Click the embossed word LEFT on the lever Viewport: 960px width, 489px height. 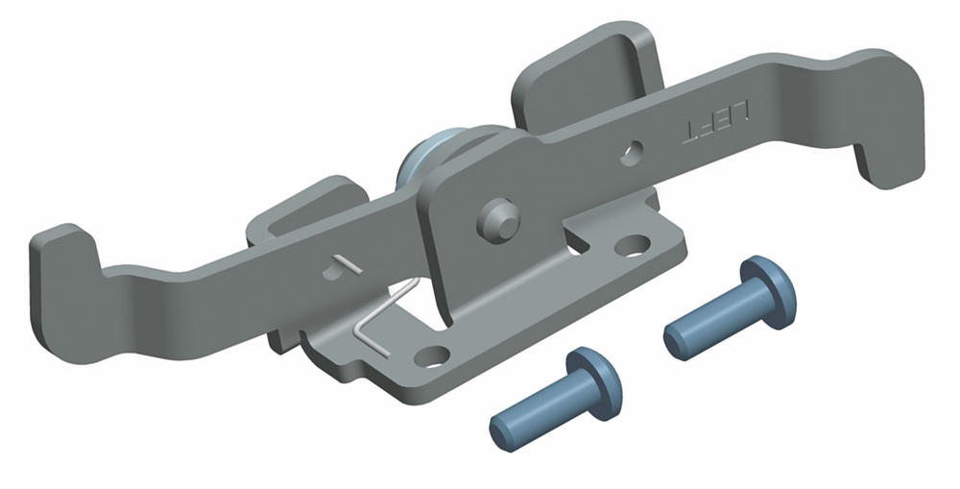(x=716, y=122)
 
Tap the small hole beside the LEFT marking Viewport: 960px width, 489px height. (x=632, y=153)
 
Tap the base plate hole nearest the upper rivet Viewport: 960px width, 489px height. (x=633, y=245)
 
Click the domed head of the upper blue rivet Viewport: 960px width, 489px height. (x=768, y=292)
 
